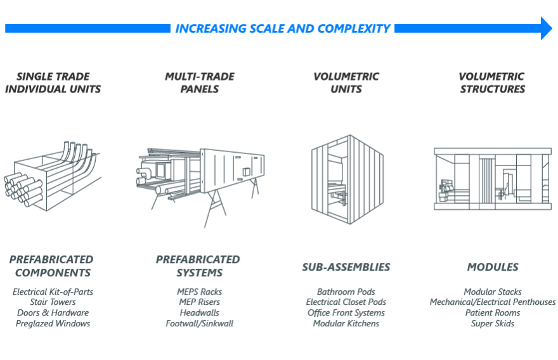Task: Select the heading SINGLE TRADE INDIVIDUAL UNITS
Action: [53, 83]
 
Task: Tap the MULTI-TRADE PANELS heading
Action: [200, 83]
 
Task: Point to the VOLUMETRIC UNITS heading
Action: [346, 83]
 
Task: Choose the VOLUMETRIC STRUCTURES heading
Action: [492, 83]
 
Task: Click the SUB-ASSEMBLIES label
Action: [346, 267]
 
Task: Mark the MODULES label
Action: [493, 267]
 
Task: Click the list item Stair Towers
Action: [53, 302]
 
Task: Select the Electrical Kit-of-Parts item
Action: [53, 292]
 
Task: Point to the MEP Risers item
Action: [200, 302]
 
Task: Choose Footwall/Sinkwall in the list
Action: [200, 324]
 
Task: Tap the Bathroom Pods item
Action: [346, 292]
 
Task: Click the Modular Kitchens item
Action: [346, 324]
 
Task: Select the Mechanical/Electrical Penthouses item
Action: [493, 302]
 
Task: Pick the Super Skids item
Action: [493, 324]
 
